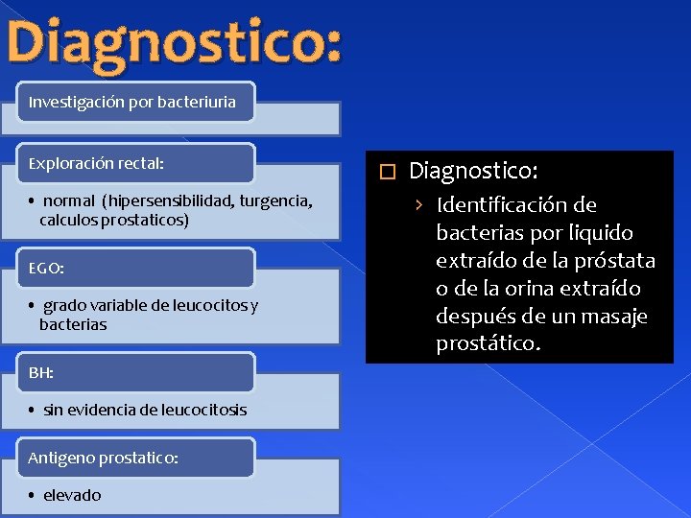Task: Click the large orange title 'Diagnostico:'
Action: click(173, 43)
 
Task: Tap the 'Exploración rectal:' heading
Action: click(96, 164)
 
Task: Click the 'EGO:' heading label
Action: click(46, 269)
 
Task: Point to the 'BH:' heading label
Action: click(41, 373)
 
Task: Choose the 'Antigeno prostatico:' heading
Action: click(103, 459)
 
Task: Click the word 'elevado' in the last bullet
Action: click(72, 495)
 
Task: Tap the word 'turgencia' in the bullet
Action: click(274, 201)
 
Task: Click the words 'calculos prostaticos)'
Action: click(114, 221)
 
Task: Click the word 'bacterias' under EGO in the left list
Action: click(73, 325)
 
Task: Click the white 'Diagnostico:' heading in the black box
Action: click(473, 172)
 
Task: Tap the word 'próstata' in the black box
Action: click(618, 261)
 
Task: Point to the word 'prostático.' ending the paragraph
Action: click(488, 343)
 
